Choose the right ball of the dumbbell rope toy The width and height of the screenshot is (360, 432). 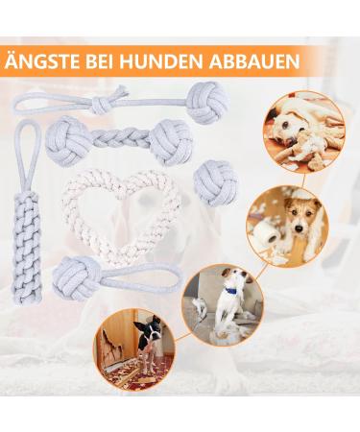click(171, 141)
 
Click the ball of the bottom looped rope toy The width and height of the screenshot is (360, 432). click(76, 279)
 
